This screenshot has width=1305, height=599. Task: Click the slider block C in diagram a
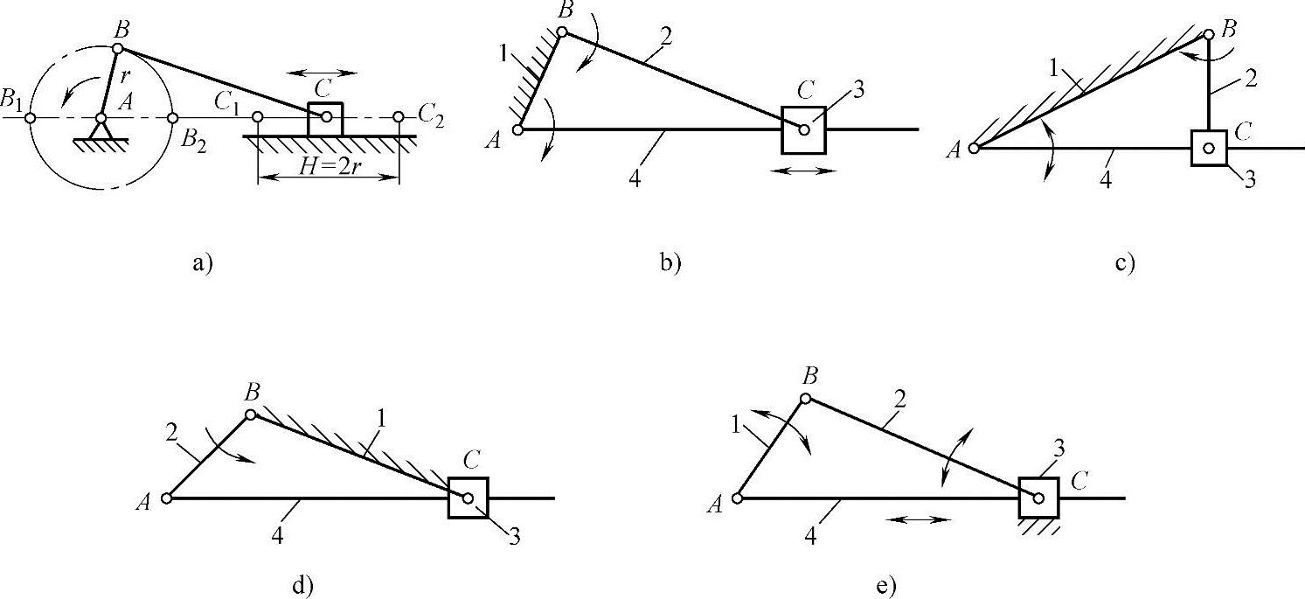[x=325, y=118]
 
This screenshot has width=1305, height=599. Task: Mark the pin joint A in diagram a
[x=101, y=118]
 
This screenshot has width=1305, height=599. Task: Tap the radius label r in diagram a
[x=125, y=76]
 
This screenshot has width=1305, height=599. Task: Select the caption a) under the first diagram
[x=203, y=262]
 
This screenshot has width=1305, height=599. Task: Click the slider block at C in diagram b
[x=803, y=129]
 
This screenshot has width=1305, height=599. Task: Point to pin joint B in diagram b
[x=562, y=33]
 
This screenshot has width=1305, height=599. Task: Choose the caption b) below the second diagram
[x=670, y=262]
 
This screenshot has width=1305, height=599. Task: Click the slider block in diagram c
[x=1209, y=148]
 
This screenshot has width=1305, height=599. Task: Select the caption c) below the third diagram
[x=1125, y=262]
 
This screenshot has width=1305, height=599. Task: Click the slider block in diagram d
[x=468, y=498]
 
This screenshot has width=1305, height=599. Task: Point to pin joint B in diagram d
[x=251, y=414]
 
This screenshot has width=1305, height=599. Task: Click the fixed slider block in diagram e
[x=1038, y=498]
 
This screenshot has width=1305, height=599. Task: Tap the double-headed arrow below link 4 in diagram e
[x=917, y=519]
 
